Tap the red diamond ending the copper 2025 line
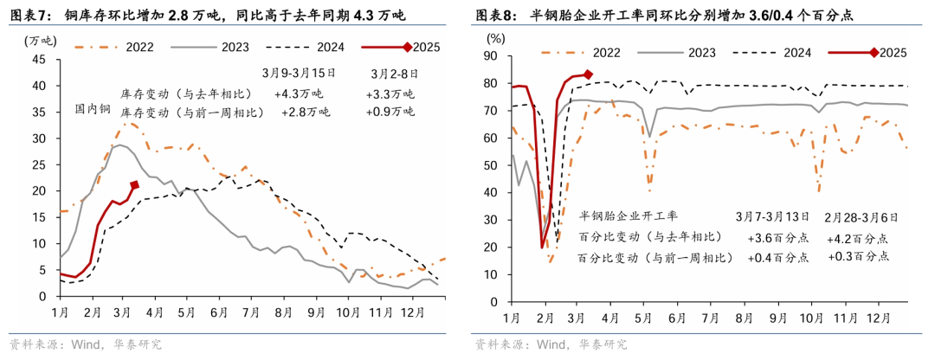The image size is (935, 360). click(x=134, y=184)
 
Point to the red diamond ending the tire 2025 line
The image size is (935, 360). click(x=588, y=74)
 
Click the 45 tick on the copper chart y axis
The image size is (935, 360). click(x=39, y=60)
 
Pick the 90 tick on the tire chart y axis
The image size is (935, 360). click(x=493, y=56)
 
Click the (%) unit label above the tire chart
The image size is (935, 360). click(x=495, y=38)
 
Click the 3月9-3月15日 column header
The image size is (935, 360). click(x=298, y=74)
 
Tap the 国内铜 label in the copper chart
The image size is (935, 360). click(x=93, y=109)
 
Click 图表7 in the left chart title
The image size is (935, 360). click(x=30, y=15)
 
